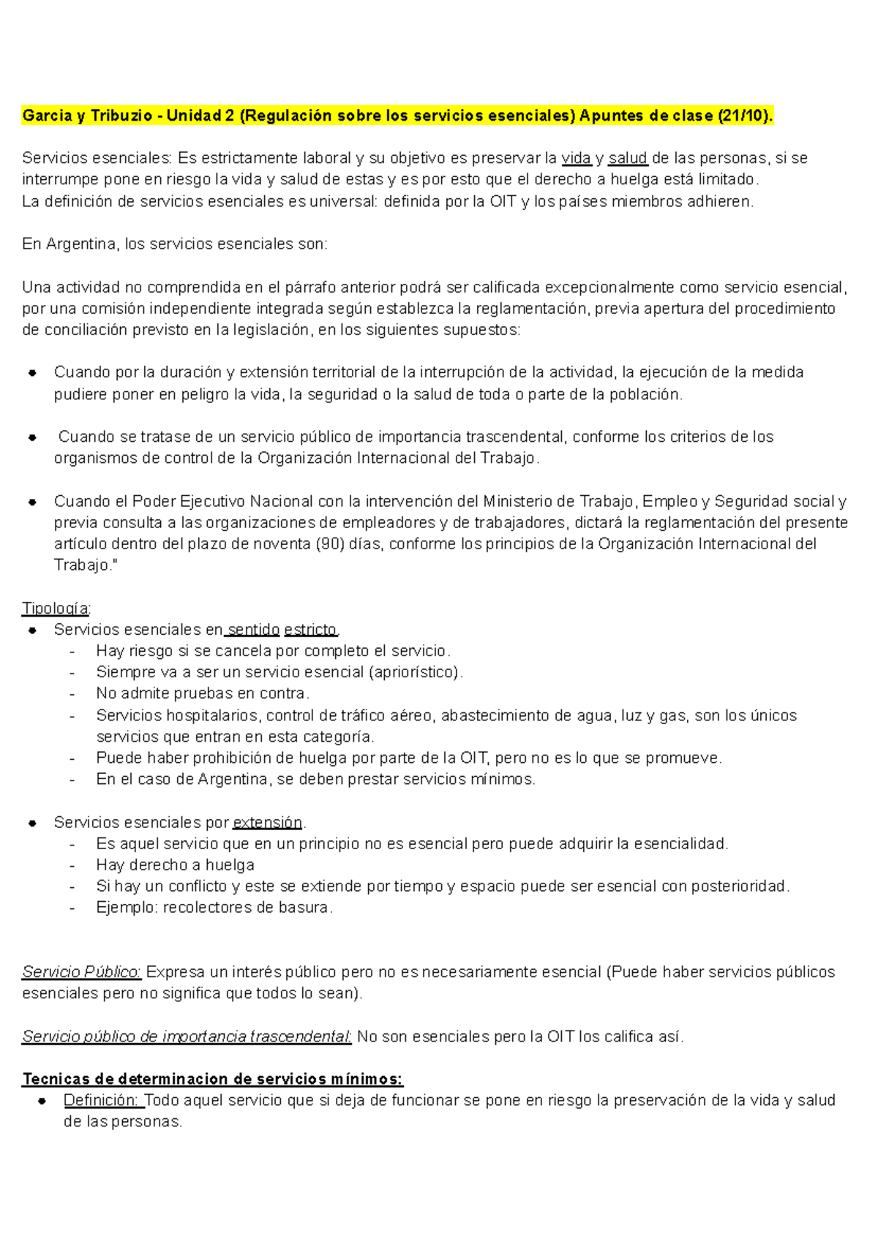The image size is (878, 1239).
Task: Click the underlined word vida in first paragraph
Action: (x=576, y=158)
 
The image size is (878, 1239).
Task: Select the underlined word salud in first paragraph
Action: (x=627, y=158)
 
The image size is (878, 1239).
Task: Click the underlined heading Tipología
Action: (x=56, y=609)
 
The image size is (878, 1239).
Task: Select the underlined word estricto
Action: (x=310, y=630)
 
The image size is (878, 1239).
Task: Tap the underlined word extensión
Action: (x=267, y=823)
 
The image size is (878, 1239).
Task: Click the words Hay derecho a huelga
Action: (x=175, y=865)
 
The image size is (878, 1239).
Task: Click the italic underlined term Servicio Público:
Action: (x=81, y=972)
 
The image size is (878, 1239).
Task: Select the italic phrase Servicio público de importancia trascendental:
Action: (x=187, y=1036)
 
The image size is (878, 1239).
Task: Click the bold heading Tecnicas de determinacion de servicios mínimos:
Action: (x=212, y=1080)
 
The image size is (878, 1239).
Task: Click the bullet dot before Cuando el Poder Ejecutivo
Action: (x=32, y=502)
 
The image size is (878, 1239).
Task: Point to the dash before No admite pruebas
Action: (x=72, y=694)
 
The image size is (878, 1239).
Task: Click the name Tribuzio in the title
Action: (x=121, y=116)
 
